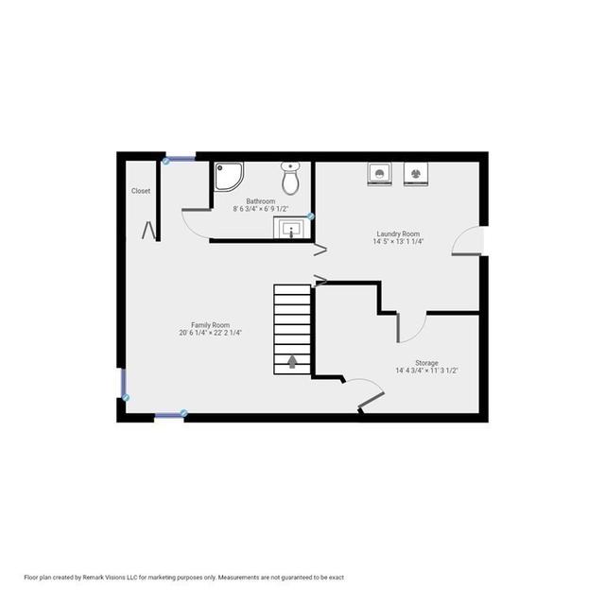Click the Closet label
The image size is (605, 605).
141,191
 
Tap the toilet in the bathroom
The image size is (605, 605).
290,178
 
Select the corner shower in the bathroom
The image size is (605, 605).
229,177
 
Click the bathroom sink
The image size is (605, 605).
291,229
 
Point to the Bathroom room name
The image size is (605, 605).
261,201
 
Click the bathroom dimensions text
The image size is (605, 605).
261,209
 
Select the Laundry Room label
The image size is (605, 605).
398,233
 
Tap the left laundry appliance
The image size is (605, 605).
380,174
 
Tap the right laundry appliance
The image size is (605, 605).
416,174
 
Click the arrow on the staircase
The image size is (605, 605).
292,362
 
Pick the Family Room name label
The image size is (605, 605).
210,325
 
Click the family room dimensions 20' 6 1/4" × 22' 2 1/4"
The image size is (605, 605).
210,333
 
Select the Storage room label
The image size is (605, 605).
426,363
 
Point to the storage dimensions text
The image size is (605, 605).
426,371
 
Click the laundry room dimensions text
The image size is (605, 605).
398,242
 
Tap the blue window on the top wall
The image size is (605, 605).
180,159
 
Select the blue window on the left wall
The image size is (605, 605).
124,384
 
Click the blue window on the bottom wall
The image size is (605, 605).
170,415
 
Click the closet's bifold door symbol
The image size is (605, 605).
149,231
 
